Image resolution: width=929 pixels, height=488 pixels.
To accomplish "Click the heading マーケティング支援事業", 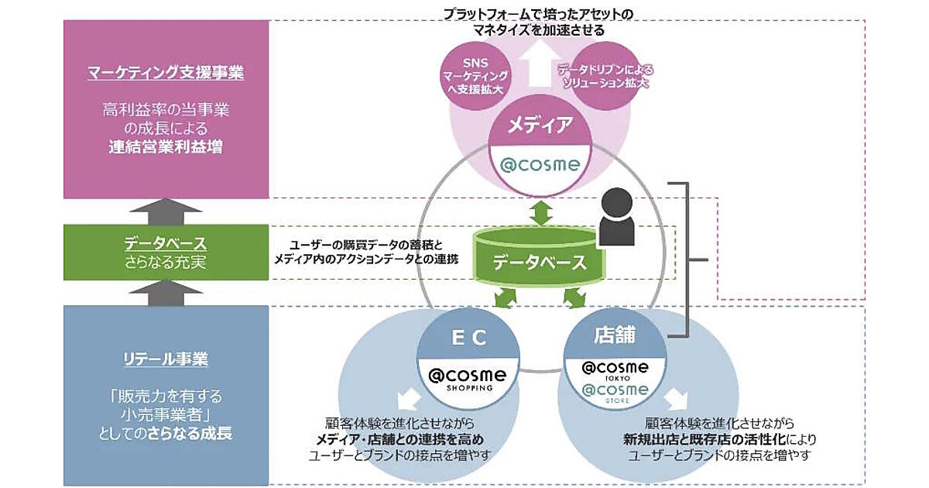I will (x=166, y=74).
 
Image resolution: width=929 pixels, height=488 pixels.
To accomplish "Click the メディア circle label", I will (x=540, y=123).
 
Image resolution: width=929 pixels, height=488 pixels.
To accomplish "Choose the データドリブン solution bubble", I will (x=605, y=74).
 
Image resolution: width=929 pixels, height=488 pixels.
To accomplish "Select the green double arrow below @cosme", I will (x=540, y=211).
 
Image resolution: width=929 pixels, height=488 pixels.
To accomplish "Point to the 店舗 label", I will (x=615, y=335).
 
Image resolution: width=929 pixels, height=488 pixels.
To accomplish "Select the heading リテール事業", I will (x=166, y=359).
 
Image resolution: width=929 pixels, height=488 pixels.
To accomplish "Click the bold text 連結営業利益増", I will (x=166, y=145).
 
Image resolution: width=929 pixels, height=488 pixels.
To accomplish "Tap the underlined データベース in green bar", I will (x=166, y=243).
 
